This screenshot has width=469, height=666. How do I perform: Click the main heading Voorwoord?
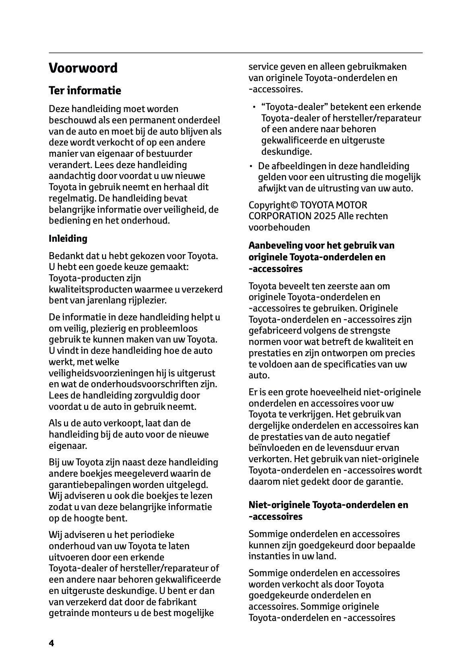83,68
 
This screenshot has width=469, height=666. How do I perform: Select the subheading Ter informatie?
85,90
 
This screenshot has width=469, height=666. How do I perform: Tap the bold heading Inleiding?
68,239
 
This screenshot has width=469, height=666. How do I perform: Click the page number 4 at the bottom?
51,643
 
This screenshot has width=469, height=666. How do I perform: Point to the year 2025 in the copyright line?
325,216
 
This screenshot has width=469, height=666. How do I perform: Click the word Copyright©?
269,205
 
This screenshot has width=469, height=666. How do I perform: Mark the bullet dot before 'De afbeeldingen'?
251,166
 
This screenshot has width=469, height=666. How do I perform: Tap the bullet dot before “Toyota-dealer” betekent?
254,108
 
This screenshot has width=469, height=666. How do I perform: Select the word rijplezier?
147,301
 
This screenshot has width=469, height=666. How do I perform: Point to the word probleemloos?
171,328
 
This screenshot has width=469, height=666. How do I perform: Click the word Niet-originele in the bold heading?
279,505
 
